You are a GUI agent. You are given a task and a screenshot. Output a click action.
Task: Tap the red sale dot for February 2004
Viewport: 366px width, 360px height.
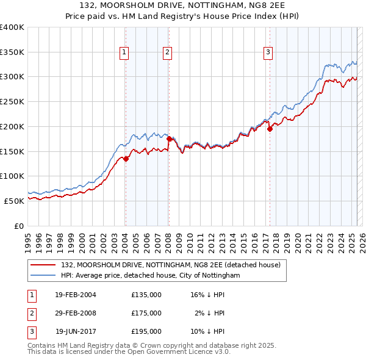tap(126, 159)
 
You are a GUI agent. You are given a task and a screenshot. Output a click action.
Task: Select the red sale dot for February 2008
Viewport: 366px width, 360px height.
tap(169, 139)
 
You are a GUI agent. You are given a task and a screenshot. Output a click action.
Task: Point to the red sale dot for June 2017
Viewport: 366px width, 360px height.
tap(270, 129)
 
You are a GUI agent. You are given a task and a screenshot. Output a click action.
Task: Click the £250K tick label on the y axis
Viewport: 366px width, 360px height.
tap(12, 102)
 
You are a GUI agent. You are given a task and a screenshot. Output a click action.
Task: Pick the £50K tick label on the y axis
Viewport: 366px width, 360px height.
tap(14, 201)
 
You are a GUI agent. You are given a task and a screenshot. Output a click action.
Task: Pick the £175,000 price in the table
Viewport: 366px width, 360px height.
tap(146, 313)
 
